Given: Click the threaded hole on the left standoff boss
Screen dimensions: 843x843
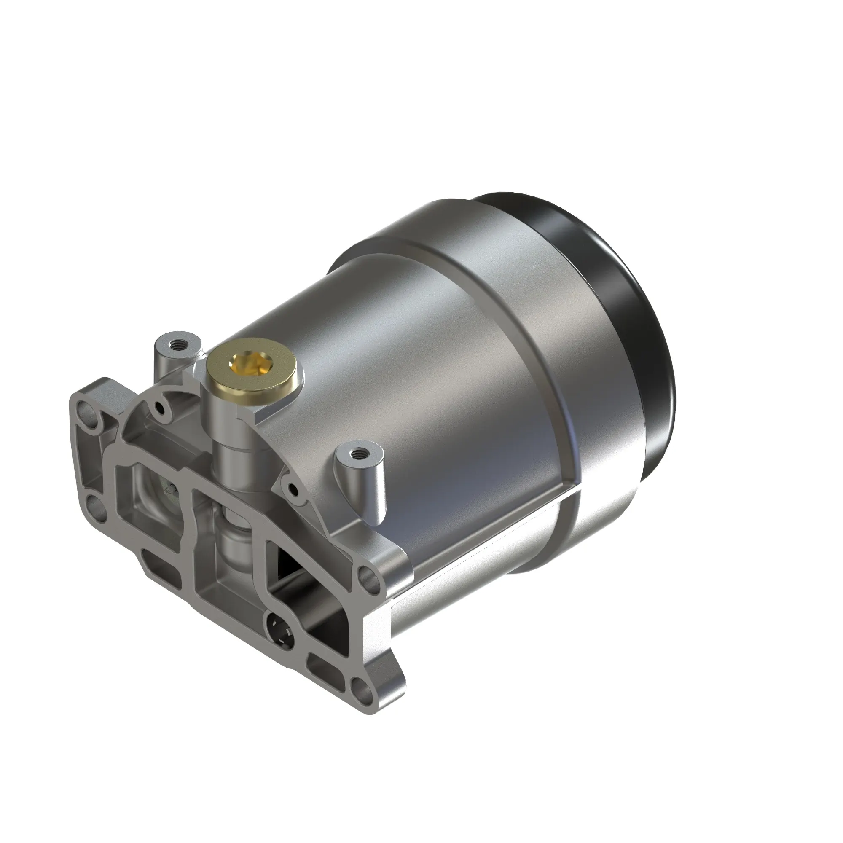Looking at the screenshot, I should click(177, 344).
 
